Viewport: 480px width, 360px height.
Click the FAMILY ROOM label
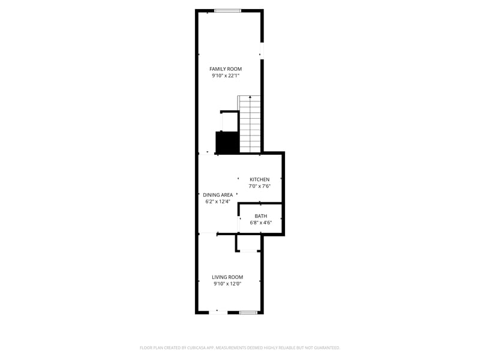click(x=226, y=69)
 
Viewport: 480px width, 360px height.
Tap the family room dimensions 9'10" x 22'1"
click(x=226, y=76)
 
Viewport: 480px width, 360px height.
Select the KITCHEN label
click(x=260, y=179)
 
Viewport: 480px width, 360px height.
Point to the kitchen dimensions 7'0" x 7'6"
click(x=260, y=186)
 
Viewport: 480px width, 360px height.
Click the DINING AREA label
click(x=218, y=195)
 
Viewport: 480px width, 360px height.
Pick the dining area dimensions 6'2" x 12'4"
click(x=218, y=202)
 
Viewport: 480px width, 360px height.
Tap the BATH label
click(x=261, y=216)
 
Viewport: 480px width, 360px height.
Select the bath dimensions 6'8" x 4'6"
click(x=261, y=223)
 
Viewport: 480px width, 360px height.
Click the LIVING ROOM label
click(x=227, y=277)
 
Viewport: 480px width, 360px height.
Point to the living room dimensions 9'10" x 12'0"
click(x=227, y=284)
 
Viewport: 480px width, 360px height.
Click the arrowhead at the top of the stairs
click(x=250, y=97)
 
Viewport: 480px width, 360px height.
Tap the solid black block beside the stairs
click(x=227, y=142)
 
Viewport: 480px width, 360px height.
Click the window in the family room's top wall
click(x=228, y=10)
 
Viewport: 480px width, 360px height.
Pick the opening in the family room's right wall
click(x=262, y=51)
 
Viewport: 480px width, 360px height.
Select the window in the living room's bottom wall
click(x=248, y=313)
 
